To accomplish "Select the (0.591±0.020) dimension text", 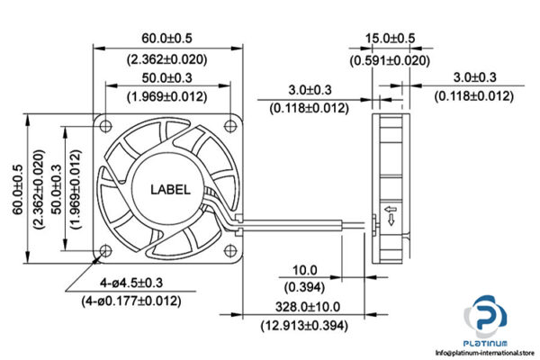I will (390, 60).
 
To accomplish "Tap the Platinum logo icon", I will (486, 320).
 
